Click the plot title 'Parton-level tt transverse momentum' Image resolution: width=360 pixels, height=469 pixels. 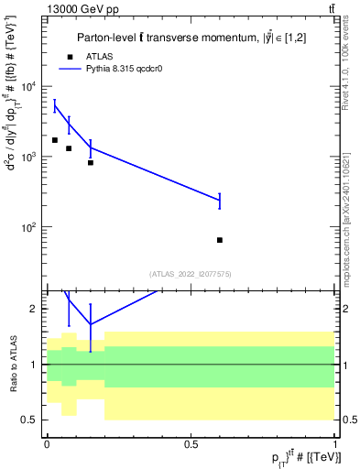pos(170,38)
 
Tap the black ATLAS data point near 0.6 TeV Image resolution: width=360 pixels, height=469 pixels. pos(220,240)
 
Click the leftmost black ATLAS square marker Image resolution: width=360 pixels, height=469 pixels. pos(55,140)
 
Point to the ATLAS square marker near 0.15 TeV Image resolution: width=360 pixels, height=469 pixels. pos(91,163)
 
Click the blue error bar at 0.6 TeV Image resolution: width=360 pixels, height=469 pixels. pos(220,200)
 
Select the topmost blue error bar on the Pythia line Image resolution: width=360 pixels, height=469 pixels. pos(55,106)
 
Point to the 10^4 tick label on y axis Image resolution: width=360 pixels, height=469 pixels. pos(30,87)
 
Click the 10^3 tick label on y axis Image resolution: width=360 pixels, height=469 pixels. pos(30,157)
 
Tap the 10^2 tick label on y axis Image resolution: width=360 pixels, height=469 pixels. pos(30,226)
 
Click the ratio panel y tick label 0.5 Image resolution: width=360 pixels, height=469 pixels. pos(30,420)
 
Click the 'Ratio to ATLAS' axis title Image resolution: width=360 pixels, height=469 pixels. pos(13,365)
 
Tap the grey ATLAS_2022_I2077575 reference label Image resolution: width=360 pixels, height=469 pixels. pos(191,273)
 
